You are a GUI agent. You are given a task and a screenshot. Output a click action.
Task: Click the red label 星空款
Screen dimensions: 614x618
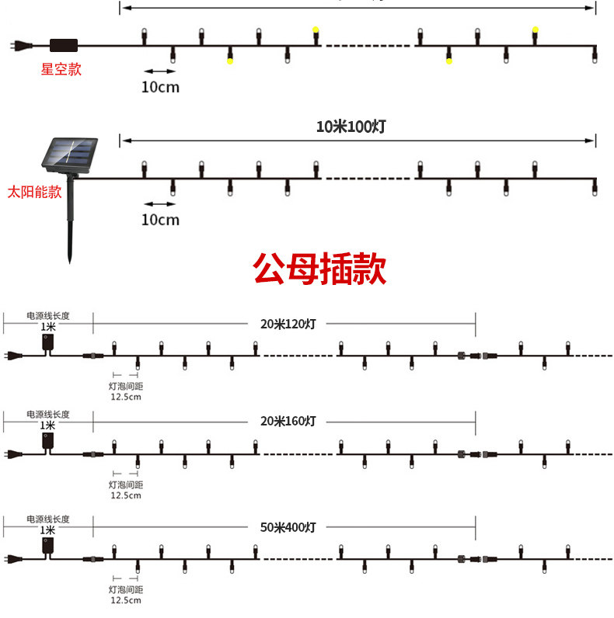61,69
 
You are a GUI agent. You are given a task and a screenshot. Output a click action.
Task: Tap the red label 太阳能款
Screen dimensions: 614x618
34,192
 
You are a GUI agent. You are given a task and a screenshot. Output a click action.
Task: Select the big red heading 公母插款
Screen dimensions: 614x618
319,269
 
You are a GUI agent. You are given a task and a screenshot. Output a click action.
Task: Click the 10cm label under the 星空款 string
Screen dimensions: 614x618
160,87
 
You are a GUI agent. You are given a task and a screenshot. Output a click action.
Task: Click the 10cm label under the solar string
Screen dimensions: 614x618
160,220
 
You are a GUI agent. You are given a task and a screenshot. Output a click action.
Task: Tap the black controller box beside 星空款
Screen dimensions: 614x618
63,45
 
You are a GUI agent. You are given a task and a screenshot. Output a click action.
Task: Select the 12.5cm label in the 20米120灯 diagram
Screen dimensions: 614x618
125,397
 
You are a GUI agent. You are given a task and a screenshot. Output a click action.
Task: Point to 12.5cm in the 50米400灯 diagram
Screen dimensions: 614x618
125,600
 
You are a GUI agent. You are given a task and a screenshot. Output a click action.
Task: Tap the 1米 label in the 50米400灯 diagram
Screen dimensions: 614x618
48,530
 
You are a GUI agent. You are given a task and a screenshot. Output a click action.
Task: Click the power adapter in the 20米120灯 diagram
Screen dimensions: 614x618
48,342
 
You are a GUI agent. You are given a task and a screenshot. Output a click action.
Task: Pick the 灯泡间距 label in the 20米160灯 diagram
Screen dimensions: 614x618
125,484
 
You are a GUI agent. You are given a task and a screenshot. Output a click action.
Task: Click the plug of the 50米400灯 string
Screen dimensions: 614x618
13,559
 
